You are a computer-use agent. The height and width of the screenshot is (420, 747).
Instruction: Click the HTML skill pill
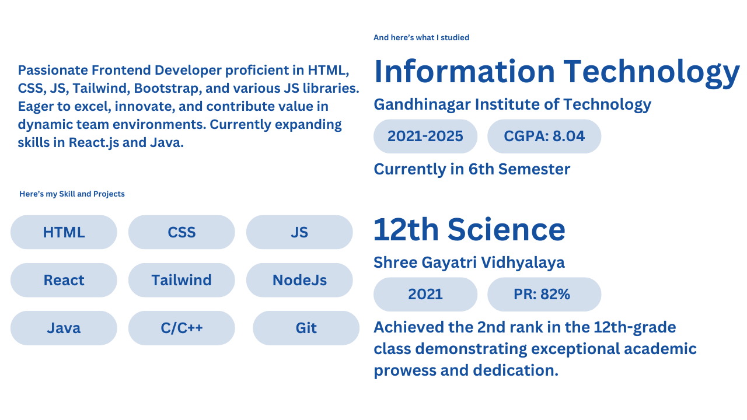(64, 232)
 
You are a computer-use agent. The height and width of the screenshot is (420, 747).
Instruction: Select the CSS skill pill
(181, 232)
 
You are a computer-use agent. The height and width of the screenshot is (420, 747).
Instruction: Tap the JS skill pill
(299, 232)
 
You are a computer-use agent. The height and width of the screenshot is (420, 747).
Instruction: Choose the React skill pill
(64, 280)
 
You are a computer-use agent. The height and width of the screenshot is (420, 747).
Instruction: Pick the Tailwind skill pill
(181, 280)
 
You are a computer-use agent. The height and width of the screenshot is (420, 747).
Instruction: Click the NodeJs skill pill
(299, 280)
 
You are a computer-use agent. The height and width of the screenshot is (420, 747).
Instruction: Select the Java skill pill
(64, 328)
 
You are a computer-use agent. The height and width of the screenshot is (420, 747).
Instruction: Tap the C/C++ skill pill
(181, 328)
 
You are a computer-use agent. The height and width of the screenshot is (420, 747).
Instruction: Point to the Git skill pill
(306, 328)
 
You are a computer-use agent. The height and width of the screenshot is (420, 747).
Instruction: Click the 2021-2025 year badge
(425, 136)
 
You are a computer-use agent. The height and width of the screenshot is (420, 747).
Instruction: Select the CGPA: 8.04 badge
(544, 136)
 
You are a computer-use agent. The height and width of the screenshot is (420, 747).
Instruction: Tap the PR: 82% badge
(544, 294)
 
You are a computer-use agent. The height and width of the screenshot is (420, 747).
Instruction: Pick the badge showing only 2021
(425, 294)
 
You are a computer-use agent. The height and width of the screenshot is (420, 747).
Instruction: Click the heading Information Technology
(557, 72)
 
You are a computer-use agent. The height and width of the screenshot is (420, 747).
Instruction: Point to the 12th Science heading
(470, 229)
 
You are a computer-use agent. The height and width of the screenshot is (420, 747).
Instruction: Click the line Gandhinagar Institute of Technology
(512, 104)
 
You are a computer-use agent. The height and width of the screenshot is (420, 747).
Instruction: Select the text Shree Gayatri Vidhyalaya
(469, 262)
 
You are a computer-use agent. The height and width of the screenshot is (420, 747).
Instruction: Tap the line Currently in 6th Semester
(472, 169)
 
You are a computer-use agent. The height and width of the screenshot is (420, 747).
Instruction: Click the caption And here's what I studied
(421, 37)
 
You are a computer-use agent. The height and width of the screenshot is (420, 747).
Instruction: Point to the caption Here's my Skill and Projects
(72, 194)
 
